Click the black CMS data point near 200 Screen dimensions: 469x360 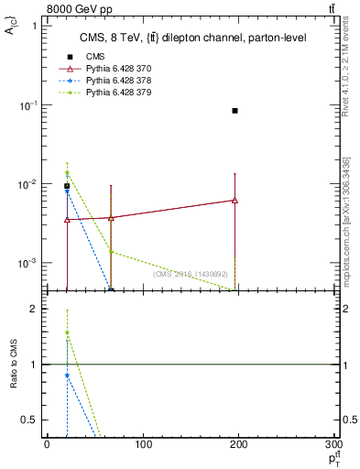pos(235,111)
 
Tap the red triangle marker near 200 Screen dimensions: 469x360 pos(235,200)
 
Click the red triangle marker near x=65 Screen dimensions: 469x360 pos(111,218)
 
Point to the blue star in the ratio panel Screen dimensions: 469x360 pos(67,376)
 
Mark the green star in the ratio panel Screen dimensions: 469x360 pos(67,333)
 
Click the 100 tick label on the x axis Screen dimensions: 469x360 pos(143,444)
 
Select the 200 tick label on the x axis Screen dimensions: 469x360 pos(239,444)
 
